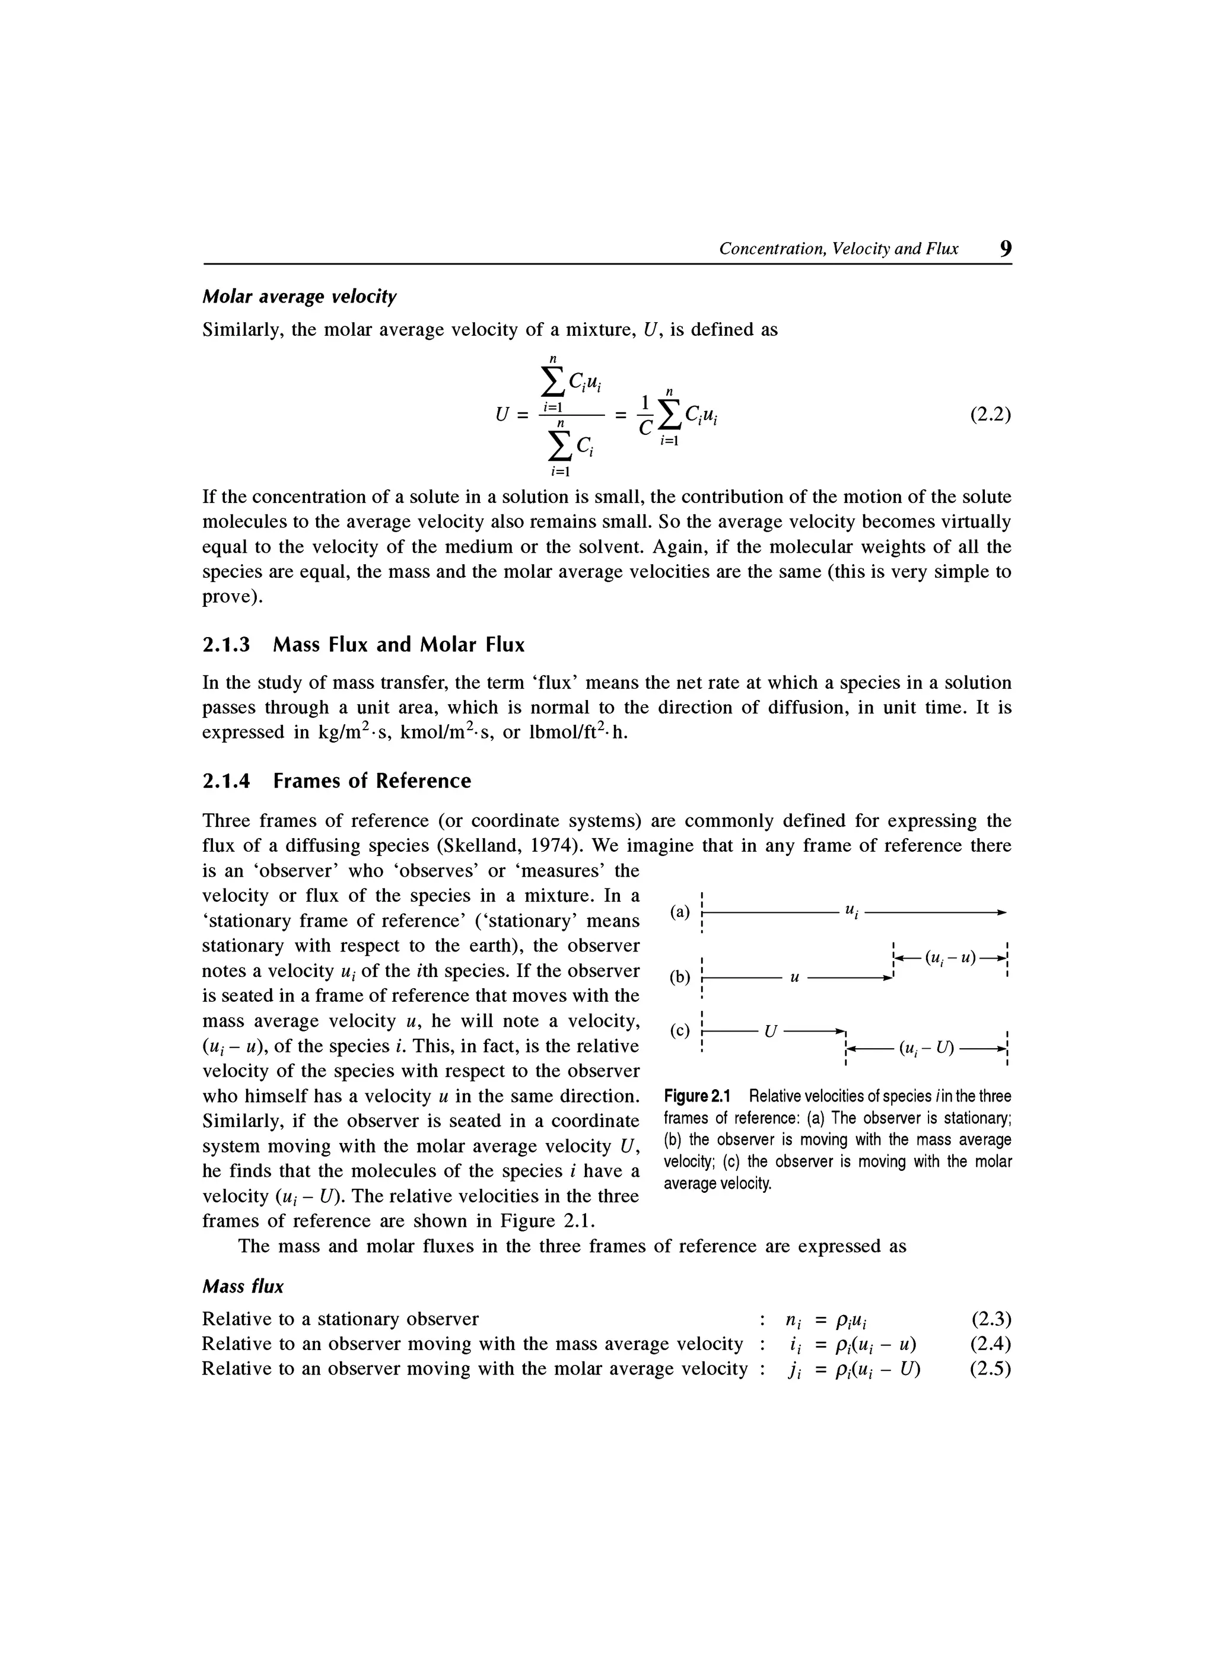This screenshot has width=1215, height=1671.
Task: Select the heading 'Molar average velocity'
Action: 299,297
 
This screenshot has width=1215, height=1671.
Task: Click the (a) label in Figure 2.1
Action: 679,912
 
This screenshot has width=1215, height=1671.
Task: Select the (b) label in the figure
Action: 679,978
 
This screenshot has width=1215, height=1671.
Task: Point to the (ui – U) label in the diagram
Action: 926,1047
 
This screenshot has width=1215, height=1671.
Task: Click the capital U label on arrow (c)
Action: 770,1031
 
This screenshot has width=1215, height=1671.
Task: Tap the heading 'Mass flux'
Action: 243,1287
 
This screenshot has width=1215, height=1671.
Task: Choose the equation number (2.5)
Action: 990,1368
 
